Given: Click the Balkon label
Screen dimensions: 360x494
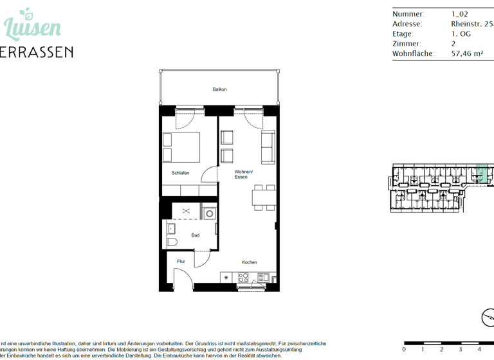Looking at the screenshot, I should click(x=219, y=89).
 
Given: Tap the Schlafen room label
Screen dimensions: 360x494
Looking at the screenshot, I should click(x=180, y=173).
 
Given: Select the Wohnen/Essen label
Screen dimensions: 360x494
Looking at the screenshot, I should click(x=243, y=174).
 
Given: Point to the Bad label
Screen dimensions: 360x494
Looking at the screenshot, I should click(x=195, y=235).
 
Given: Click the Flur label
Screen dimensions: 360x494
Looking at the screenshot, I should click(x=181, y=262).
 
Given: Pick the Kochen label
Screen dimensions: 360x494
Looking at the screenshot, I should click(x=249, y=262).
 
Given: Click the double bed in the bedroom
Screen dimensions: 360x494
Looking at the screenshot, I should click(x=181, y=147).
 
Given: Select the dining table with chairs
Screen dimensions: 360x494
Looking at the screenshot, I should click(x=264, y=197).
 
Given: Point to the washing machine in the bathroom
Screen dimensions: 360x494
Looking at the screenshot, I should click(x=209, y=214).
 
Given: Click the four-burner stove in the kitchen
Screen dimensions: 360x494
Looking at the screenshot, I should click(x=244, y=278).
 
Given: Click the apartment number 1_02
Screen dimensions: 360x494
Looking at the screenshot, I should click(x=459, y=14).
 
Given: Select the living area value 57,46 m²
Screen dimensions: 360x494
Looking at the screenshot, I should click(x=467, y=54).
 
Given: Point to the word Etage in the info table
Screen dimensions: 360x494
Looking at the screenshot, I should click(x=403, y=34).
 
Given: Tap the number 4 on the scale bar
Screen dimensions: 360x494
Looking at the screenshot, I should click(x=479, y=349).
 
